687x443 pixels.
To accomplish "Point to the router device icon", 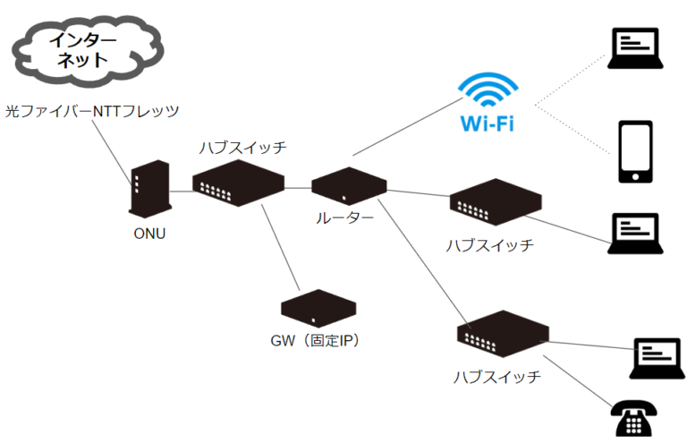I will click(x=349, y=184).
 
